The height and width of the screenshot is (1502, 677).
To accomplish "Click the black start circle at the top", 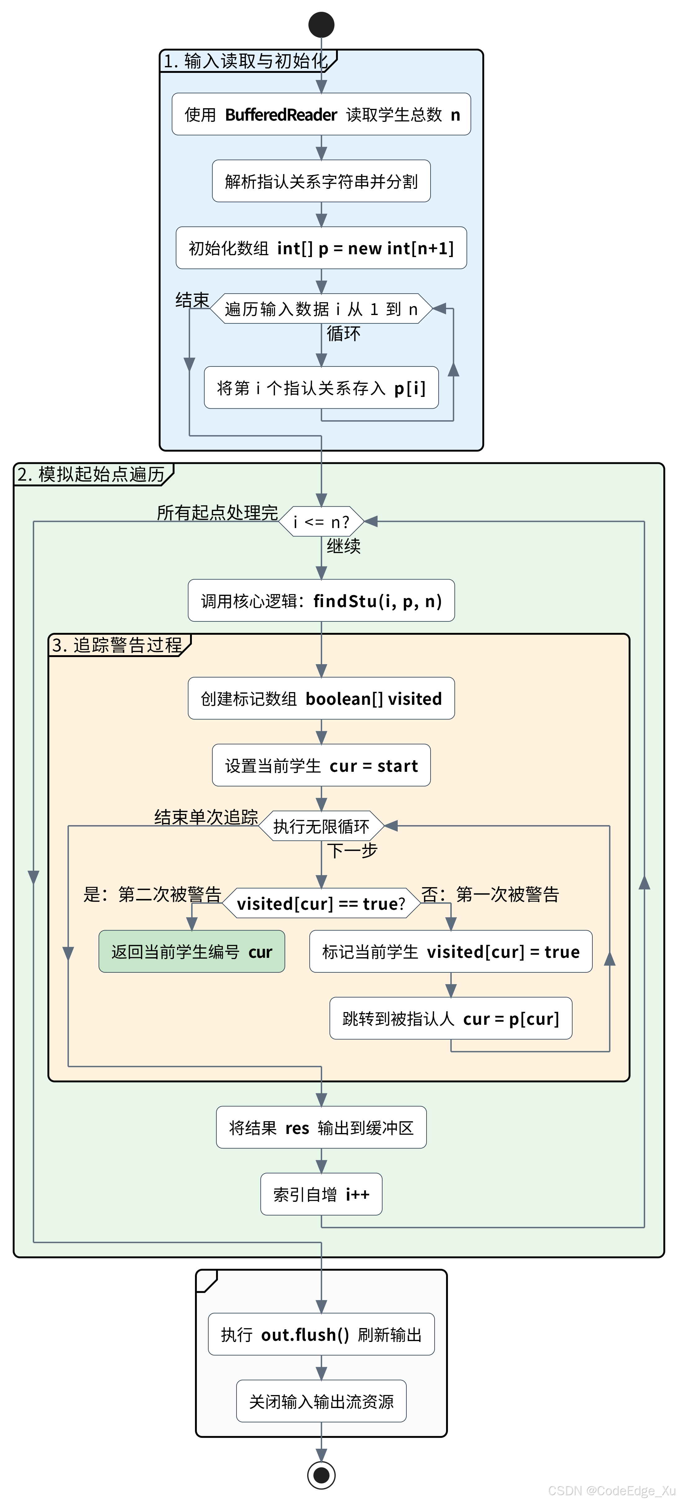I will pos(321,24).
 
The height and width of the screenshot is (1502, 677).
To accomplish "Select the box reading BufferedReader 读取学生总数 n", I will pos(321,114).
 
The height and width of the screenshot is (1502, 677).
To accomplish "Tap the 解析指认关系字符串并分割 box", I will pos(321,181).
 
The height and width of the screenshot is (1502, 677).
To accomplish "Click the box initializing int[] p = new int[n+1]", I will pos(321,248).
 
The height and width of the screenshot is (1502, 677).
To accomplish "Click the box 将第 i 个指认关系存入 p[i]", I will pos(321,388).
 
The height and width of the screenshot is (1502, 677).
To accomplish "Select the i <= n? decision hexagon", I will pos(321,521).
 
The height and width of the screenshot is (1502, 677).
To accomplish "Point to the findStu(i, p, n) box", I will pos(321,601).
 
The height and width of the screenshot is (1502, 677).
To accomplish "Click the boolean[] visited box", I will pos(321,699).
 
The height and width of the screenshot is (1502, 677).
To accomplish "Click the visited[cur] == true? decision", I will pos(321,903).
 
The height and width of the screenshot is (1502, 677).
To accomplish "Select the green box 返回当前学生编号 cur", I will pos(192,952).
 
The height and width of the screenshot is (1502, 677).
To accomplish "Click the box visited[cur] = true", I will pos(451,952).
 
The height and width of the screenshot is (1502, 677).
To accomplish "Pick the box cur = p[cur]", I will pos(451,1018).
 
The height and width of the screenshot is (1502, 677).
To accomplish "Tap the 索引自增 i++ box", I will pos(321,1194).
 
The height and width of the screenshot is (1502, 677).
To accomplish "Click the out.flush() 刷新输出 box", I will pos(321,1334).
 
